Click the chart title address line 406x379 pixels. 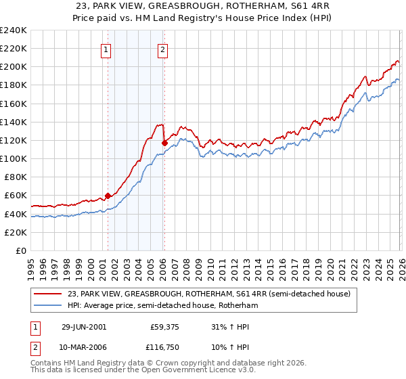click(x=203, y=6)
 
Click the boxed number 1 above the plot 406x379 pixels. click(x=107, y=48)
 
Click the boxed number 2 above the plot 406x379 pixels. click(x=164, y=48)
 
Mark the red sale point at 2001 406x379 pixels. click(x=108, y=196)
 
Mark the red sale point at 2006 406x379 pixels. click(x=164, y=143)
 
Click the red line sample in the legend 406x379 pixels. click(x=48, y=294)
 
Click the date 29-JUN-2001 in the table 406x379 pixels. click(x=84, y=326)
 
